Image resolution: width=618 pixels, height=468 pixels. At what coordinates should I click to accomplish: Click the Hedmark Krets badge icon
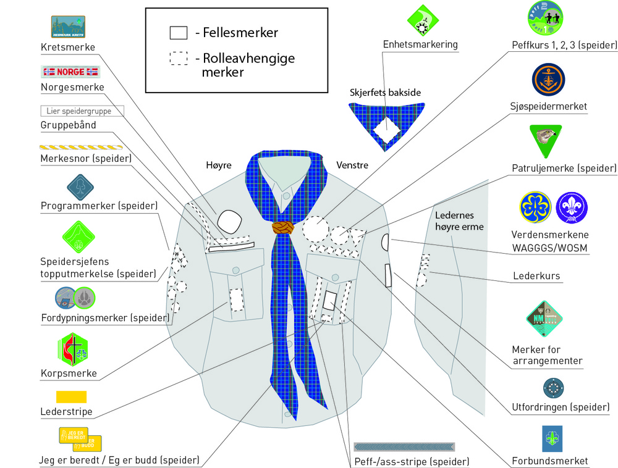[67, 27]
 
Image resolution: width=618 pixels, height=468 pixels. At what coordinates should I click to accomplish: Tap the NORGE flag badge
[70, 72]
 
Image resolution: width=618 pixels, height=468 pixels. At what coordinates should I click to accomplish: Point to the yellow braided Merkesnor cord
[81, 148]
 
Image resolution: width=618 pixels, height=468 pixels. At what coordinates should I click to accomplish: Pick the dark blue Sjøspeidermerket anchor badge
[548, 80]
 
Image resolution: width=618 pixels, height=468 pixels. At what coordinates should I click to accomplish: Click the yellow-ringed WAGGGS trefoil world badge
[535, 208]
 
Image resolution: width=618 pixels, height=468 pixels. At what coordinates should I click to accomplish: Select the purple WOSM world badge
[572, 208]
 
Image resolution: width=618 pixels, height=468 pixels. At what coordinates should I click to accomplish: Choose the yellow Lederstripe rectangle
[71, 396]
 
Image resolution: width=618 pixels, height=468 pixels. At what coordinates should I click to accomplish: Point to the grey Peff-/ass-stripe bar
[404, 446]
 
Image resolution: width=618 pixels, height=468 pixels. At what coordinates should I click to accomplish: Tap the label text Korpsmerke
[69, 374]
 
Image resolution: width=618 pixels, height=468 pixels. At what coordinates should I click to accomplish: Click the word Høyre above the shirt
[219, 165]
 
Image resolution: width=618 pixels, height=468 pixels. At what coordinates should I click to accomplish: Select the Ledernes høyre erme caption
[459, 221]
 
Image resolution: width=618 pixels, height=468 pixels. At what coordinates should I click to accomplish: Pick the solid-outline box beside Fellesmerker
[179, 33]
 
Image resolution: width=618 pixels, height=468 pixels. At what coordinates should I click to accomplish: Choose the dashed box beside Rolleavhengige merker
[179, 59]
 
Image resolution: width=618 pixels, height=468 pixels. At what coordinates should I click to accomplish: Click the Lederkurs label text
[536, 275]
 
